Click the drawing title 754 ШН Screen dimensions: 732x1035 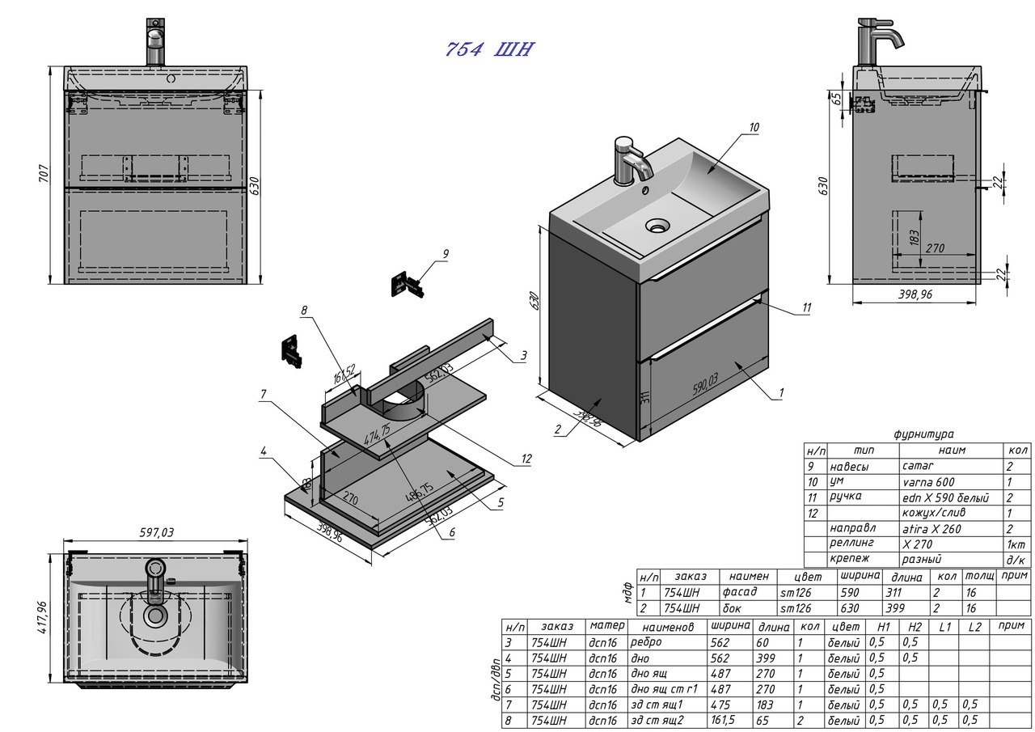pyautogui.click(x=489, y=49)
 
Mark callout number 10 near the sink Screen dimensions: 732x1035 pyautogui.click(x=754, y=127)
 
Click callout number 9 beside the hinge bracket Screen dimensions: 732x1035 pyautogui.click(x=445, y=254)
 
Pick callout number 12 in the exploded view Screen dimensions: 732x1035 pyautogui.click(x=526, y=459)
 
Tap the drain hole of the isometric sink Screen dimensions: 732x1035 pyautogui.click(x=657, y=225)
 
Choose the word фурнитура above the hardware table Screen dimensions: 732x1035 pyautogui.click(x=923, y=434)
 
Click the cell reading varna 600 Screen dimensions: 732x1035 pyautogui.click(x=928, y=481)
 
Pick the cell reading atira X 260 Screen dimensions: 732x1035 pyautogui.click(x=931, y=528)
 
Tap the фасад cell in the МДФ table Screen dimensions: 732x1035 pyautogui.click(x=740, y=592)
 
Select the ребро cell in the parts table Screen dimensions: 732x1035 pyautogui.click(x=645, y=642)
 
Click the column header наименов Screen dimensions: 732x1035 pyautogui.click(x=668, y=626)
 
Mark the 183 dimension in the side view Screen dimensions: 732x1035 pyautogui.click(x=915, y=237)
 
